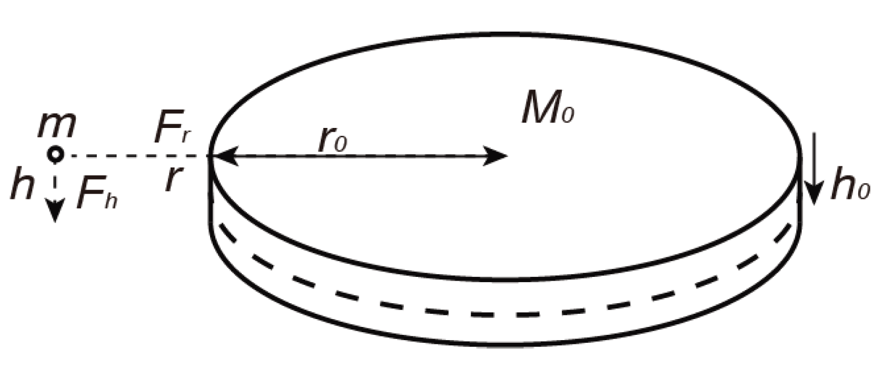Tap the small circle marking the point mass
pyautogui.click(x=55, y=155)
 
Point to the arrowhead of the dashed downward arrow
pyautogui.click(x=55, y=213)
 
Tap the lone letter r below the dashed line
pyautogui.click(x=170, y=181)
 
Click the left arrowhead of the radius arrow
pyautogui.click(x=224, y=156)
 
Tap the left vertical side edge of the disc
pyautogui.click(x=211, y=200)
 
